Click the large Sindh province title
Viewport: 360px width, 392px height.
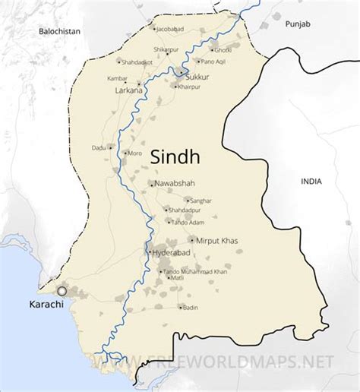(x=175, y=156)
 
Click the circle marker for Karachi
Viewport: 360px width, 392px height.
(x=62, y=291)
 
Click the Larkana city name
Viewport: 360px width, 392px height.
(x=128, y=91)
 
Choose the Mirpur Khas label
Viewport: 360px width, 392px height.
(x=216, y=241)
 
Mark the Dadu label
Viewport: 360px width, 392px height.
(x=99, y=147)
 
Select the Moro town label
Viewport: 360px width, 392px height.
(x=135, y=153)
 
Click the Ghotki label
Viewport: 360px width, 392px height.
(x=223, y=49)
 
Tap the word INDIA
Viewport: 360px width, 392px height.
(x=311, y=182)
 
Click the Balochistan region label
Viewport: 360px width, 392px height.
(x=60, y=31)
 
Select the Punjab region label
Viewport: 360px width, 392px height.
(x=298, y=24)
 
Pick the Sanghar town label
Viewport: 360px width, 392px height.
(x=201, y=201)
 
